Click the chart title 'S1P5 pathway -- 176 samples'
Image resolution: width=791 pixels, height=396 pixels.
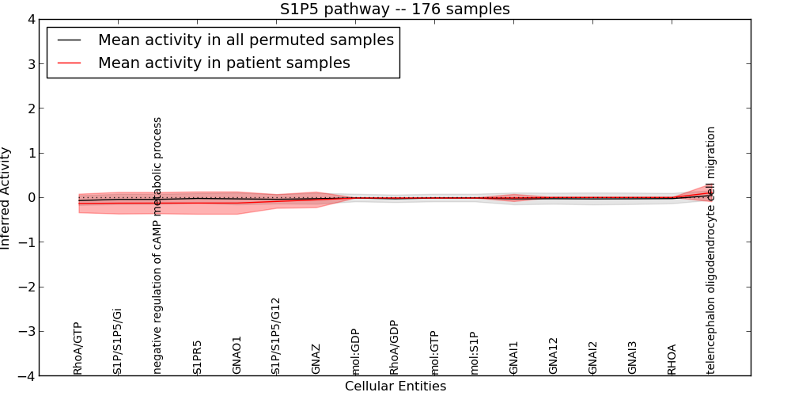coord(395,10)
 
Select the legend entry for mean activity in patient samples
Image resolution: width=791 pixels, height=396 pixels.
coord(224,63)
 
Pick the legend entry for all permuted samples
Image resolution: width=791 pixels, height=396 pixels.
coord(245,40)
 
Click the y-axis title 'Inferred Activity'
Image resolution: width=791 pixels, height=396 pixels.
coord(6,198)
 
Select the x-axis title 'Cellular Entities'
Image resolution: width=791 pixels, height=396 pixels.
coord(395,386)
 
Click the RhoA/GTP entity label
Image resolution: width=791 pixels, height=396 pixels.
coord(78,348)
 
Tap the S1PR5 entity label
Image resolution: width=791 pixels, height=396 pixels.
coord(197,357)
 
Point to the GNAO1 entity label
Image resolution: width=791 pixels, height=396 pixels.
coord(237,355)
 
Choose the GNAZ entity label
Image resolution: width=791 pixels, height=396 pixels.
coord(316,359)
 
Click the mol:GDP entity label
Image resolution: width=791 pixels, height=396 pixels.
coord(355,352)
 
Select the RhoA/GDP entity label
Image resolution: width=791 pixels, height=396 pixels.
coord(394,348)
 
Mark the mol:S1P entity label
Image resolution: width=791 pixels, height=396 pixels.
coord(474,353)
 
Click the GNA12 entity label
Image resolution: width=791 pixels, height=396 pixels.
coord(553,356)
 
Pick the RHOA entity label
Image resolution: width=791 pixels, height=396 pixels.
coord(672,359)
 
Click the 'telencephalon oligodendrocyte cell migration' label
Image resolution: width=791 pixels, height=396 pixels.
coord(711,249)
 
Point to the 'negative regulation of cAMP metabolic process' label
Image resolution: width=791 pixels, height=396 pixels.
coord(157,246)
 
